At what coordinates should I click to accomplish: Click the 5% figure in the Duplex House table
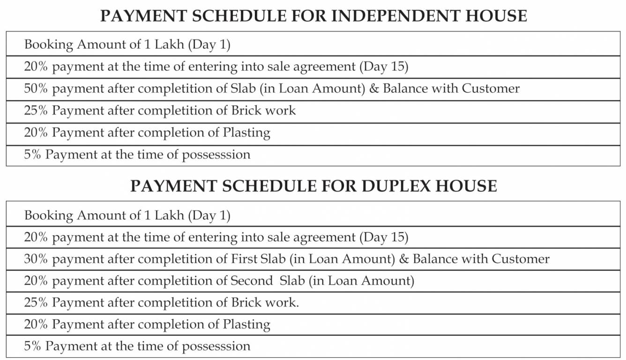click(x=33, y=346)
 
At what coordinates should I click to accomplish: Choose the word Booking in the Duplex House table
click(x=49, y=216)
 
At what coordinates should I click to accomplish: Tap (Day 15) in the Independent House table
click(x=384, y=67)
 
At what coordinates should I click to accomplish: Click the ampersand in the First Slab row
click(x=403, y=259)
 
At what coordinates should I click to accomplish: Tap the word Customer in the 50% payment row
click(x=491, y=88)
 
